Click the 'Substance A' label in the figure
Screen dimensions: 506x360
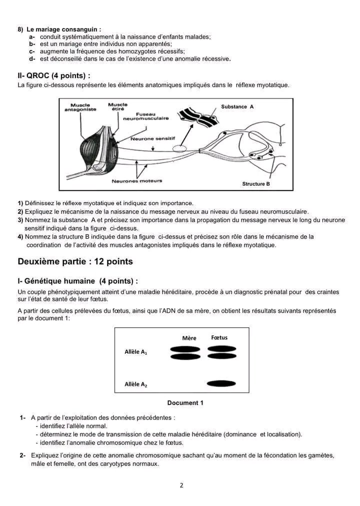[x=237, y=107]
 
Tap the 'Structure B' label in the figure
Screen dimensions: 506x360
[x=256, y=184]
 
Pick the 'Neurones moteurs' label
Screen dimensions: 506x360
[x=137, y=181]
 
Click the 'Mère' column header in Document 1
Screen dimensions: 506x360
[x=189, y=338]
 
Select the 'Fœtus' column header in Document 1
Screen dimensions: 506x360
[x=219, y=337]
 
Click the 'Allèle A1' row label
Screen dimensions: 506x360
[x=135, y=352]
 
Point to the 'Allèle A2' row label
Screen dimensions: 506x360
[x=135, y=384]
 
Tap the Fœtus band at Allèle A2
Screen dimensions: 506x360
[x=221, y=384]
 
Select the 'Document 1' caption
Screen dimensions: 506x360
[x=185, y=403]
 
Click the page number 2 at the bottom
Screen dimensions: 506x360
[x=181, y=485]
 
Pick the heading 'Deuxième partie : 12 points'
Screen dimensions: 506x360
[x=75, y=261]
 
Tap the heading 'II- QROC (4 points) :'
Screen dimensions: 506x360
[x=54, y=76]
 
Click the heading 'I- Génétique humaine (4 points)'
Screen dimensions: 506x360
[x=77, y=281]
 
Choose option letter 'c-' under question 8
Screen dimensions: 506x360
[x=32, y=52]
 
